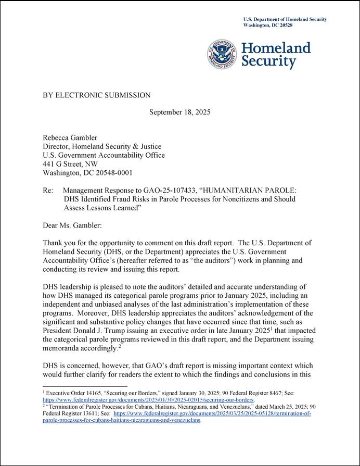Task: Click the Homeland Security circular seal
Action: coord(223,55)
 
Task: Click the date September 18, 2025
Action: coord(180,112)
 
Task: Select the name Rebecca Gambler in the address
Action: coord(69,137)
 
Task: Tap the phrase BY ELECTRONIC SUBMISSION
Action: coord(97,95)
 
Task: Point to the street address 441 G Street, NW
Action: coord(70,164)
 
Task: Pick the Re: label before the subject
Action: coord(48,190)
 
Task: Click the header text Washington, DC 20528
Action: coord(268,25)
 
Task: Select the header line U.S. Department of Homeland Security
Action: coord(285,19)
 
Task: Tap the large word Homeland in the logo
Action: coord(276,48)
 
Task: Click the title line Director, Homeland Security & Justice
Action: coord(101,146)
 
